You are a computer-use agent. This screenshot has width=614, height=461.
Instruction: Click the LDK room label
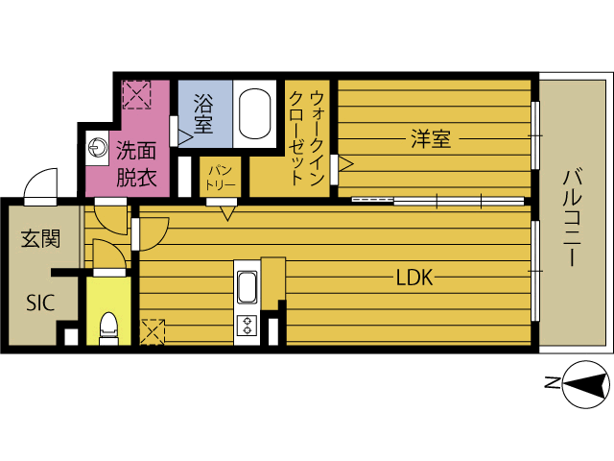click(x=415, y=279)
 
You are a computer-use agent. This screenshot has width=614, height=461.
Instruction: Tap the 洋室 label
click(x=431, y=139)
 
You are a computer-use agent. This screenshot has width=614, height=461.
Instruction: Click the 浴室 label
click(x=202, y=111)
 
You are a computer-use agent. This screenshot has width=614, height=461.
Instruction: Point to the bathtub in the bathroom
click(x=255, y=114)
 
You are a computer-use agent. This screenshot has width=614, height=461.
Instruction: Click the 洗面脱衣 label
click(x=136, y=163)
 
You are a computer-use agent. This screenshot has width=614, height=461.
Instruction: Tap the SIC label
click(x=38, y=303)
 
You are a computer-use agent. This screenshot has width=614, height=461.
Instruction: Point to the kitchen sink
click(x=247, y=286)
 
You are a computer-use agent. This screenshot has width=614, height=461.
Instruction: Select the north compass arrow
click(x=585, y=386)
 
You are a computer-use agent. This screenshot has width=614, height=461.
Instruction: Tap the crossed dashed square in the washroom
click(x=136, y=95)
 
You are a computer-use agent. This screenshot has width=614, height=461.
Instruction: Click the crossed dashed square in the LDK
click(x=153, y=331)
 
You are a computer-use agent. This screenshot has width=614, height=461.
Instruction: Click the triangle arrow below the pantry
click(x=227, y=212)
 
